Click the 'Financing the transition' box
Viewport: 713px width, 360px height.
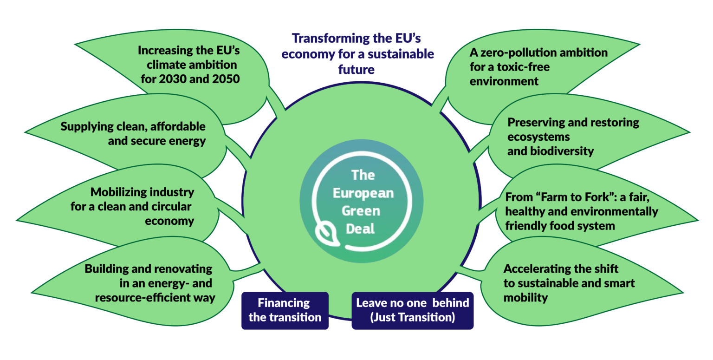tap(285, 311)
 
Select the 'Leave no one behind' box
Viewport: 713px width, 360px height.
tap(413, 311)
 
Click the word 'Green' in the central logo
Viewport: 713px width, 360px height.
tap(361, 211)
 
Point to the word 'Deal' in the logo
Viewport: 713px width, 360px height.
tap(360, 229)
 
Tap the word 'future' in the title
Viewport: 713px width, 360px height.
tap(356, 70)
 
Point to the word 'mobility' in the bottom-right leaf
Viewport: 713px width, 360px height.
tap(525, 298)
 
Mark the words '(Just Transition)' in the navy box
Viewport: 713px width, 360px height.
tap(413, 317)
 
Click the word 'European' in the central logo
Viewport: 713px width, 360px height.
tap(363, 193)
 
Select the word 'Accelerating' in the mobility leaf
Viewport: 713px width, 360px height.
tap(533, 269)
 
